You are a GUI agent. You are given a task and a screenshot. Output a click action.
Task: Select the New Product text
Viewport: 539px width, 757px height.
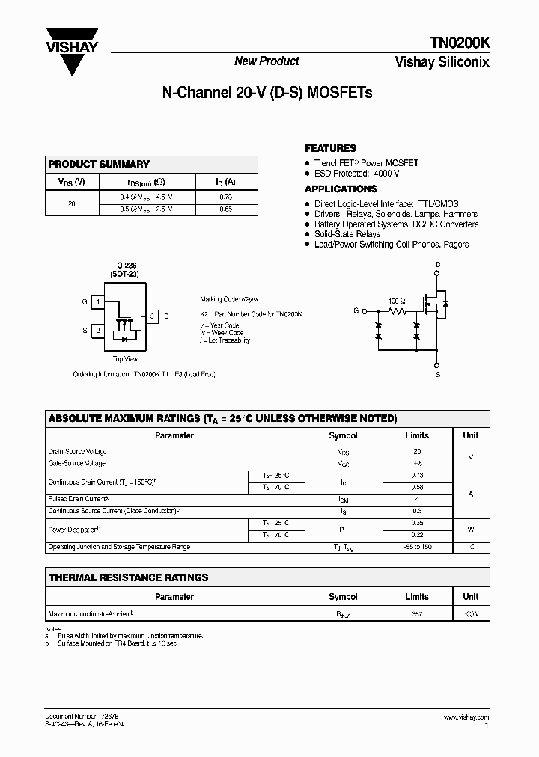267,61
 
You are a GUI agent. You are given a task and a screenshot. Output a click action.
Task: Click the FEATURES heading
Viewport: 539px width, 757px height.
330,148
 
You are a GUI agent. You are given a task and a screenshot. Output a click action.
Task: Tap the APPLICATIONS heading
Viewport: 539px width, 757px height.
341,189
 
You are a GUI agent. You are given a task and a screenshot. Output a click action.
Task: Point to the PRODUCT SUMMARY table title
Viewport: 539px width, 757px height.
99,164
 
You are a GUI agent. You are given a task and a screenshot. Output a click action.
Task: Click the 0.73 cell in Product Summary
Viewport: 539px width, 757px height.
226,197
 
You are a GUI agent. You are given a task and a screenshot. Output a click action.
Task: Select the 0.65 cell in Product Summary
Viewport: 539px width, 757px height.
226,209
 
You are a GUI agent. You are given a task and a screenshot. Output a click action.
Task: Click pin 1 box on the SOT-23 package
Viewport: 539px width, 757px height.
98,302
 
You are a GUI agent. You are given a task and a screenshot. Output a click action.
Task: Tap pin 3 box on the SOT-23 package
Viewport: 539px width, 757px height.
152,316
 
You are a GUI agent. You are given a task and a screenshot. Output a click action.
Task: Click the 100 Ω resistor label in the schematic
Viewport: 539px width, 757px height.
396,301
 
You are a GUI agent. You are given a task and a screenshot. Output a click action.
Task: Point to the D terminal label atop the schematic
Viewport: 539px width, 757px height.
438,265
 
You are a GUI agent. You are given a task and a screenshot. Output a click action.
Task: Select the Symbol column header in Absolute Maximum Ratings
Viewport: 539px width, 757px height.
343,435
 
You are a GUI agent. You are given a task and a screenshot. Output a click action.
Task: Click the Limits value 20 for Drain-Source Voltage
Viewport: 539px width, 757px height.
417,452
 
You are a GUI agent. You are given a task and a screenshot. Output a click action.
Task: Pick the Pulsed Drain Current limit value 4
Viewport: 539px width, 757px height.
417,499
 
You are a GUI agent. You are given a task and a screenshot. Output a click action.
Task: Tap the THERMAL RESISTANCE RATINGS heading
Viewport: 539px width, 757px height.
128,577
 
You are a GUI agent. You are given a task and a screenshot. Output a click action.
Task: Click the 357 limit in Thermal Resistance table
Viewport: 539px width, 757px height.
417,614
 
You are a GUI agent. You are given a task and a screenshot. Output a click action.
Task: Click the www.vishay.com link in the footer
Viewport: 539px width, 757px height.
466,717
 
